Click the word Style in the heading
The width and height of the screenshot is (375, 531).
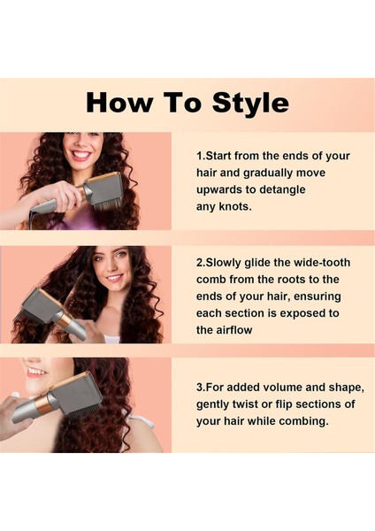coord(251,103)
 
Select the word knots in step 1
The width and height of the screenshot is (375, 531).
coord(235,206)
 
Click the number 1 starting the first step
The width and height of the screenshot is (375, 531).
coord(199,156)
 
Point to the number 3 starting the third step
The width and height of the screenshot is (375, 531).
coord(199,388)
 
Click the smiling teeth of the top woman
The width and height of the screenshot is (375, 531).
coord(81,154)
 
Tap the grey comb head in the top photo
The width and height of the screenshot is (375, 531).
coord(103,189)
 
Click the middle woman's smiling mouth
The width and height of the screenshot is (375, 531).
coord(114,278)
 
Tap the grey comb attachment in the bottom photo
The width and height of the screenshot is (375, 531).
coord(75,394)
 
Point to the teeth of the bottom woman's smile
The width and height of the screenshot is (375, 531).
coord(36,372)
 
